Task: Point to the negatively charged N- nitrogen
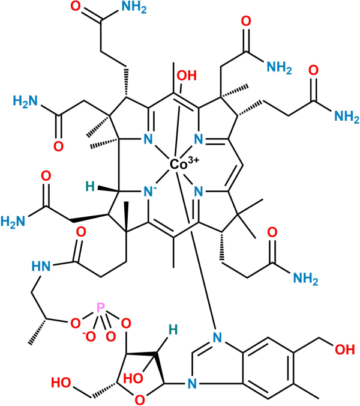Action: pyautogui.click(x=146, y=192)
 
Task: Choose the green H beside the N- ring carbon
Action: pyautogui.click(x=89, y=187)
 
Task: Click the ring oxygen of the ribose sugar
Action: pyautogui.click(x=139, y=398)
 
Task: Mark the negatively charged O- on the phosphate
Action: pyautogui.click(x=90, y=336)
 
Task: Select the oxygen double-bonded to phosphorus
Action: pyautogui.click(x=110, y=336)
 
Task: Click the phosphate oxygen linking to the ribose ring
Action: pyautogui.click(x=126, y=324)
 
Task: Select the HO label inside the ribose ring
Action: pyautogui.click(x=133, y=378)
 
